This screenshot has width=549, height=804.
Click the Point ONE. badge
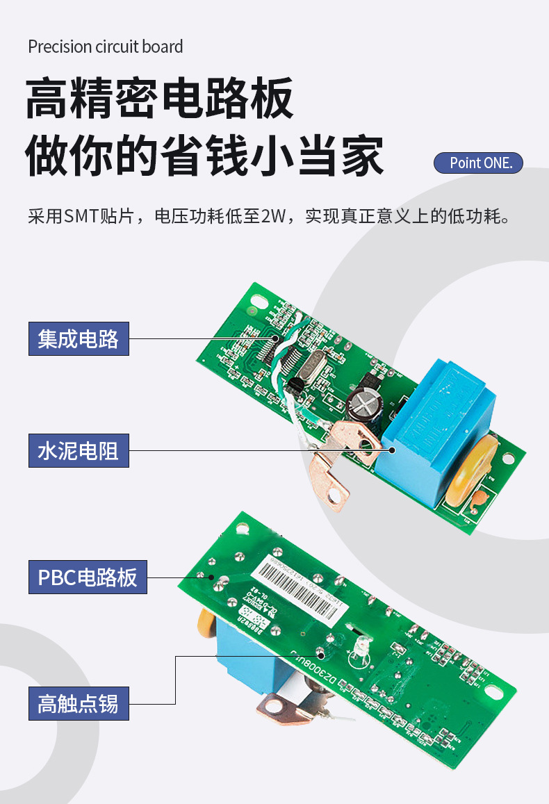[478, 163]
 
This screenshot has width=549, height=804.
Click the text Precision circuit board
[106, 47]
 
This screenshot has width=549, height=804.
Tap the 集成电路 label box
[79, 338]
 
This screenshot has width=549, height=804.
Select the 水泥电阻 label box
[79, 451]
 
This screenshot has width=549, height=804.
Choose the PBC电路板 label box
[88, 577]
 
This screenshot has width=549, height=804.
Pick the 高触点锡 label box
[79, 703]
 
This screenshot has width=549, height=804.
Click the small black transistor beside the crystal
[297, 387]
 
